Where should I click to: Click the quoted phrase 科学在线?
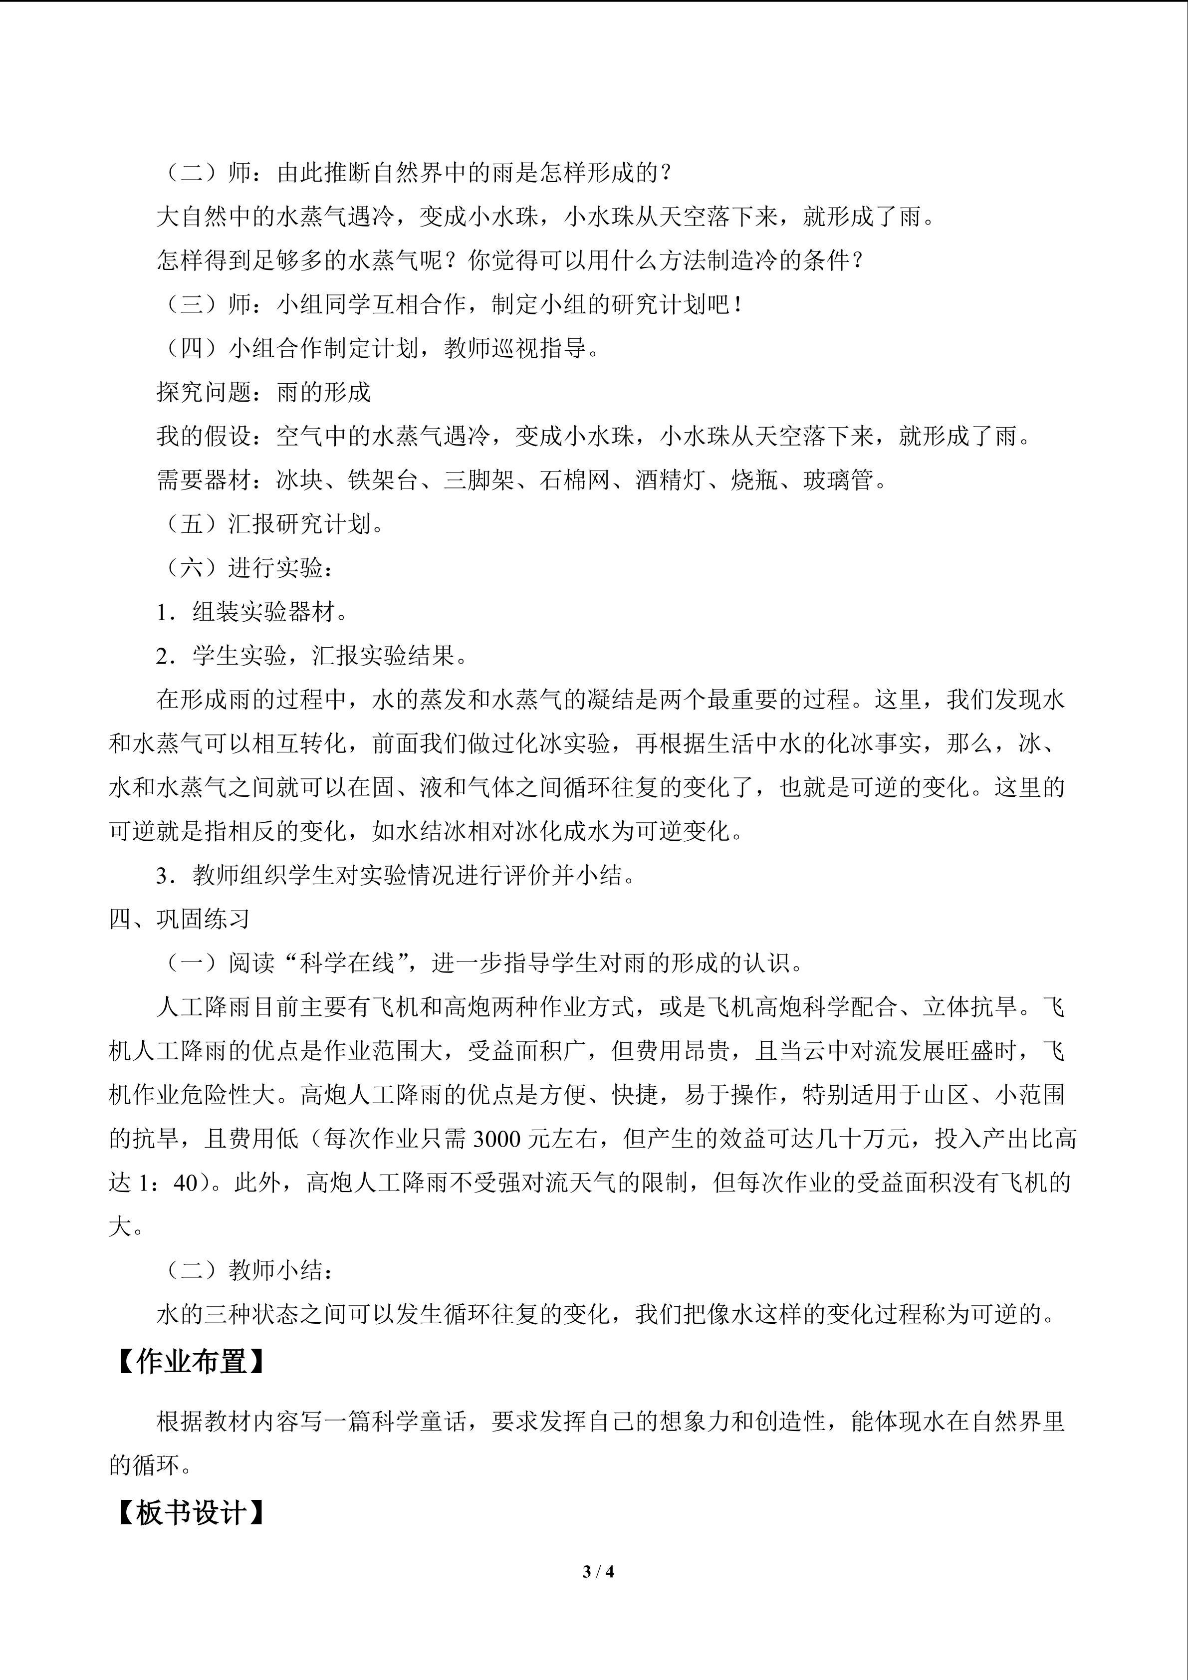(347, 963)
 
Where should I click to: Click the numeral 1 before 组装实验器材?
(162, 612)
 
